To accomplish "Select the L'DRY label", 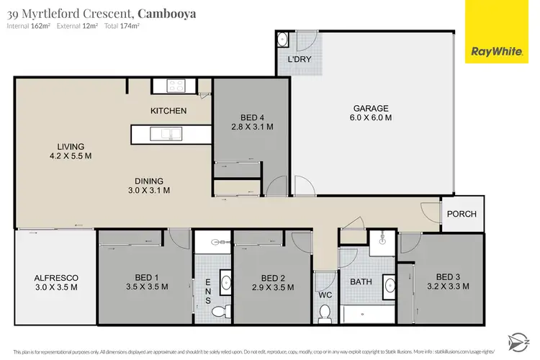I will click(299, 60).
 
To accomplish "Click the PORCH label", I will click(462, 215).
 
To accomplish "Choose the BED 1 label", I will click(147, 278).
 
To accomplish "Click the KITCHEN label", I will click(168, 111).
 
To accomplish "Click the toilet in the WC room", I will click(324, 313).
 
